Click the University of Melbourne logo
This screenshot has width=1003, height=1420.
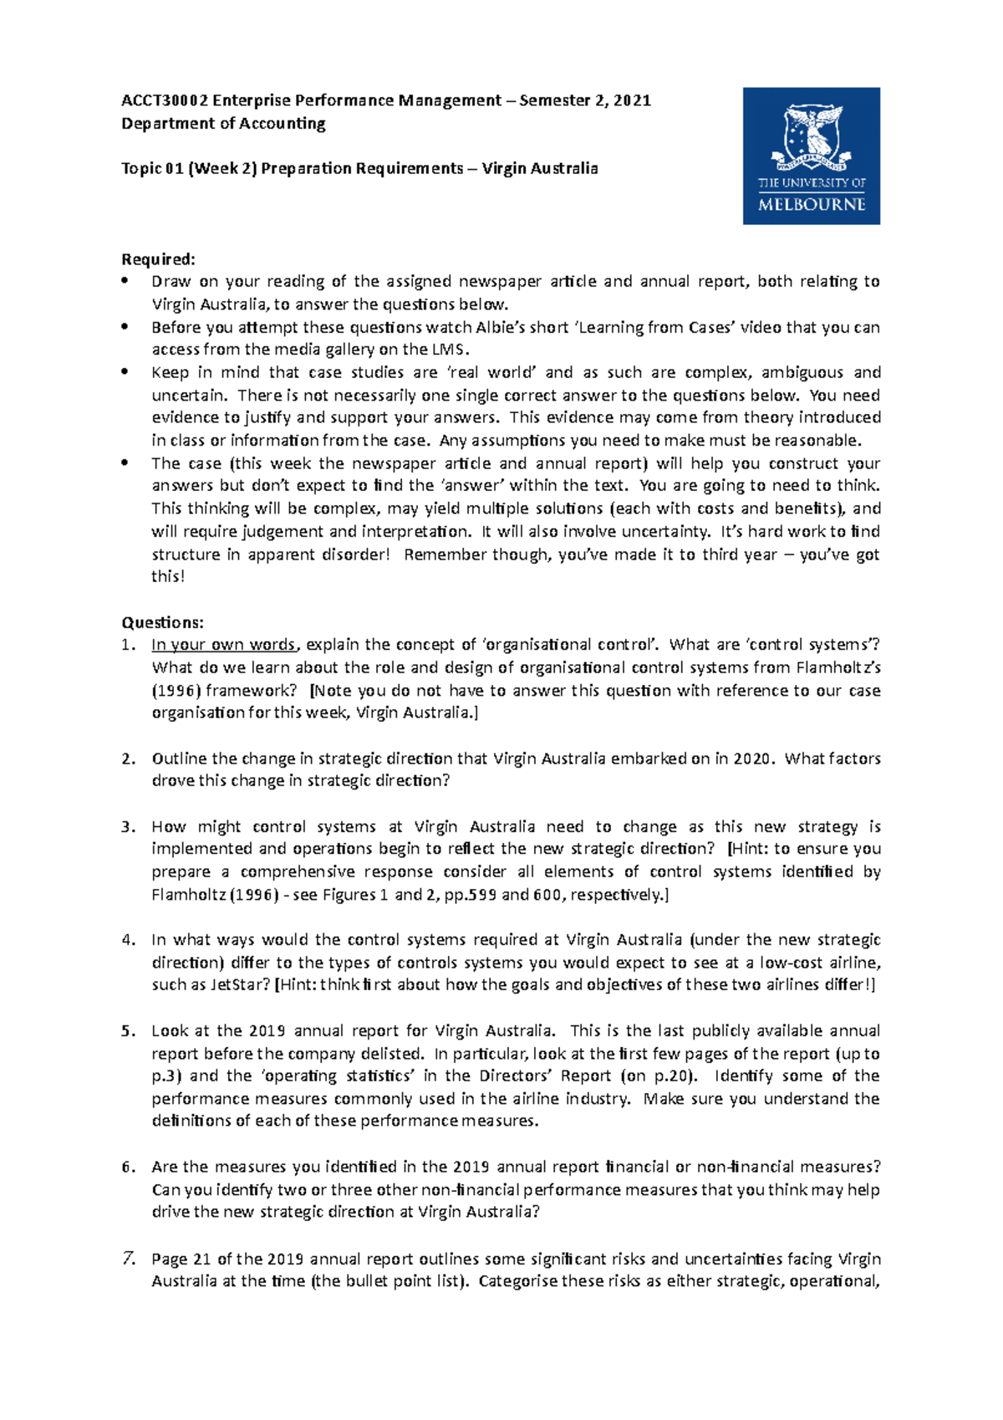click(x=811, y=156)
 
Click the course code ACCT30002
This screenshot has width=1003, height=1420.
click(x=164, y=101)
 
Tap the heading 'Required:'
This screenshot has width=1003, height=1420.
click(x=158, y=259)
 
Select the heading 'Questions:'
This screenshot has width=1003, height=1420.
click(x=162, y=622)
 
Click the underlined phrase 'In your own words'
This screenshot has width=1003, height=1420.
click(x=223, y=645)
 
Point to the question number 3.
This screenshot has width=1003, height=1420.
click(x=128, y=827)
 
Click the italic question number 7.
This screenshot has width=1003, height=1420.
click(x=128, y=1258)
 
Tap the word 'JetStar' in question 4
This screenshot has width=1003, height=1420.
click(x=239, y=984)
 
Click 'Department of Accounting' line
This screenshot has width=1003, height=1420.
click(x=223, y=124)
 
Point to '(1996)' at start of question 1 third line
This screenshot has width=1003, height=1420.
click(x=176, y=691)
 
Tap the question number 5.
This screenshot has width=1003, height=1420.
click(x=128, y=1031)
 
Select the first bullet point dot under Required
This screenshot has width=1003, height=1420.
click(x=125, y=282)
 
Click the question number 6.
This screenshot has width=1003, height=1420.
click(x=128, y=1167)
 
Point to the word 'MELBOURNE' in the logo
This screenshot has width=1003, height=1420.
click(x=812, y=204)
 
